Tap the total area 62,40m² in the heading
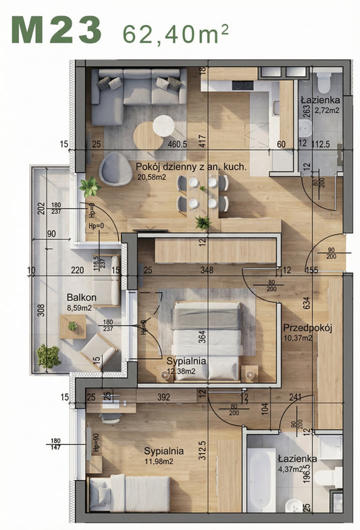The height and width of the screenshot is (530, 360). tap(175, 32)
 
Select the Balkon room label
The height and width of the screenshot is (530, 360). tap(81, 297)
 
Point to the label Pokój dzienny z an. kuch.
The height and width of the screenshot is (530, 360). tap(191, 166)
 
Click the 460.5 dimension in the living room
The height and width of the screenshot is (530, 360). tap(177, 144)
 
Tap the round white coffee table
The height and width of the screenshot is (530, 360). tap(164, 126)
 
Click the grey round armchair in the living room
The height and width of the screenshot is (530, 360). tap(115, 168)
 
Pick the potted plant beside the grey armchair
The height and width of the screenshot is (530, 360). tap(88, 186)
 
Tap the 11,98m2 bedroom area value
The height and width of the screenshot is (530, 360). tap(158, 462)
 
